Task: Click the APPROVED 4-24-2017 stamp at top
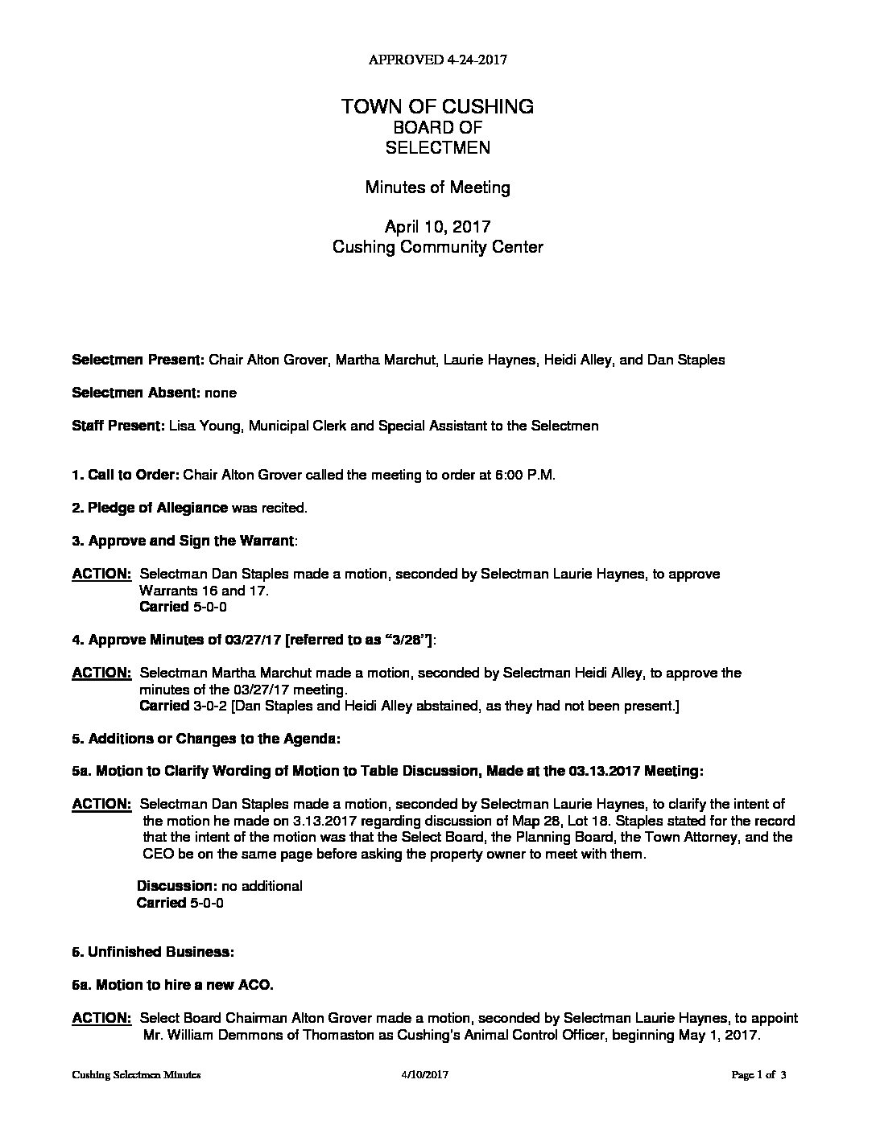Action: (437, 60)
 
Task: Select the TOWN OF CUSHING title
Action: (437, 106)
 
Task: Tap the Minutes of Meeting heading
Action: (437, 187)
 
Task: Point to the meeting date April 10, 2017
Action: (437, 227)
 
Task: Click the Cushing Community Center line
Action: (437, 247)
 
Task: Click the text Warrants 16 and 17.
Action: (204, 591)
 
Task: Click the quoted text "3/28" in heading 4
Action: (406, 640)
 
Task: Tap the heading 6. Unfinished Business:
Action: (153, 952)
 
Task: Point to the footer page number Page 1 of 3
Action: (758, 1075)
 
